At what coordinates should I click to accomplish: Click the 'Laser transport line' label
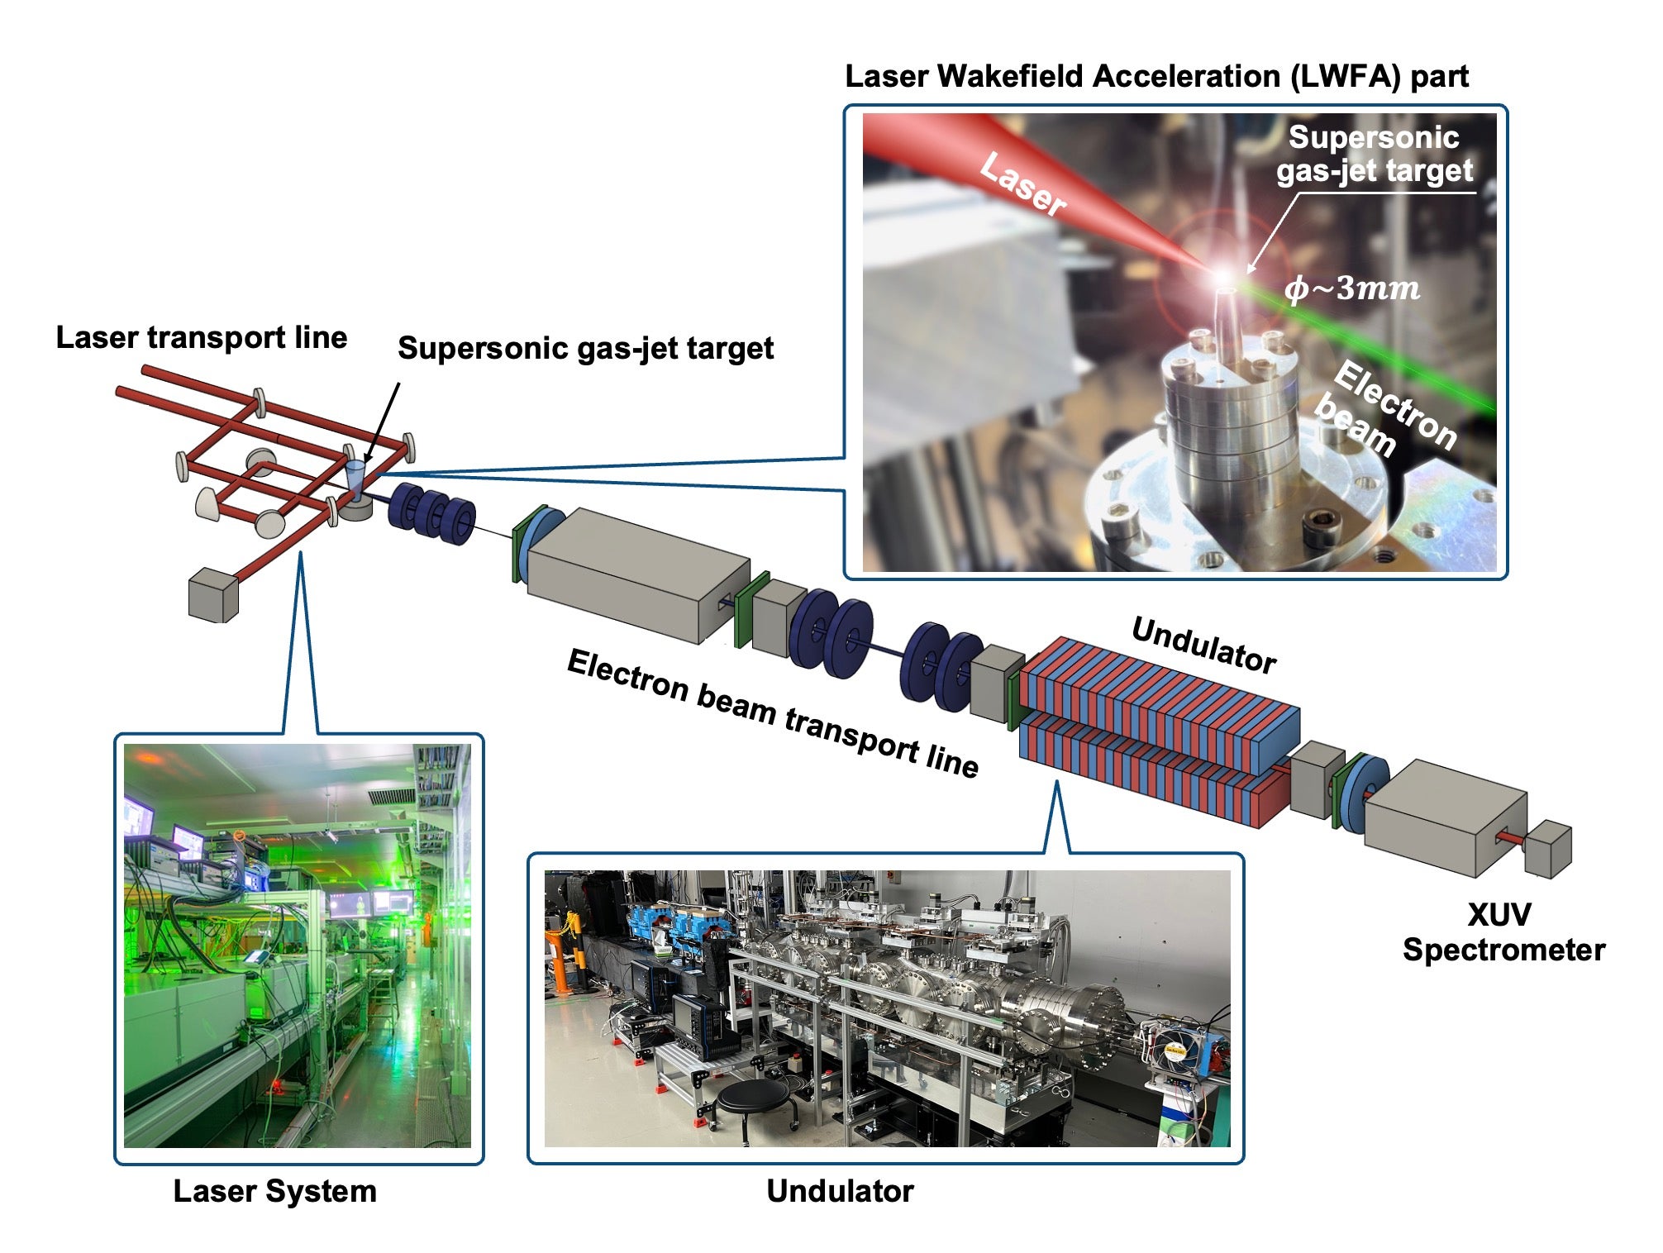coord(201,337)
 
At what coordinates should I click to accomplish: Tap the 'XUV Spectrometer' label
coord(1502,932)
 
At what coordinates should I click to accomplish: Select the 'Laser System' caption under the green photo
coord(274,1191)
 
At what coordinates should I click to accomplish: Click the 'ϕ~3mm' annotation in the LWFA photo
coord(1351,288)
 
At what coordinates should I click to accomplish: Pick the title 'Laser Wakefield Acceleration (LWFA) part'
coord(1156,76)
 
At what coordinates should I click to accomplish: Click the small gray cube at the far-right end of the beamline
coord(1547,849)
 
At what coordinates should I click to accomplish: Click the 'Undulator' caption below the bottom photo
coord(840,1191)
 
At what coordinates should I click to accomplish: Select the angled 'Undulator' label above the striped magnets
coord(1203,646)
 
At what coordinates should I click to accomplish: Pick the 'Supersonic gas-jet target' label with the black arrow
coord(585,348)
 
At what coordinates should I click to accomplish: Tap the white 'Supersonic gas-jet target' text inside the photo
coord(1374,154)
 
